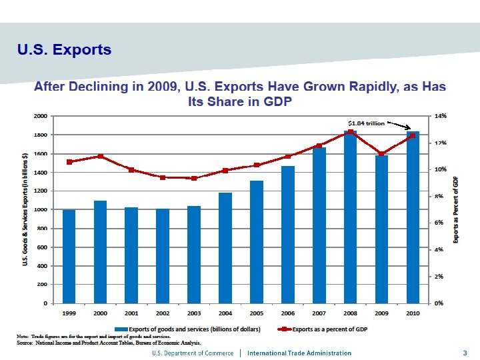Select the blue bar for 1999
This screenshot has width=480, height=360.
coord(69,257)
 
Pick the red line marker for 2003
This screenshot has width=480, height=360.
coord(194,178)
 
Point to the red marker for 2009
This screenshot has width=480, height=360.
coord(381,154)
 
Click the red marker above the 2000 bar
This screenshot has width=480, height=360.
coord(100,157)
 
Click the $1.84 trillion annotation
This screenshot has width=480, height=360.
coord(366,123)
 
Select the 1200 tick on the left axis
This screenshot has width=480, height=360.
coord(41,191)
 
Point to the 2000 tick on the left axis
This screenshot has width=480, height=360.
coord(41,116)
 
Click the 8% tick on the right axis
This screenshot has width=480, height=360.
coord(441,196)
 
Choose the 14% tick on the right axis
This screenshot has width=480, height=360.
coord(441,116)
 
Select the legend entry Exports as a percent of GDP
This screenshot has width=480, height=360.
coord(329,329)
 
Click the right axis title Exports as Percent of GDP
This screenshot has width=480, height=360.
coord(456,210)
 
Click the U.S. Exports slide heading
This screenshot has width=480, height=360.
coord(64,50)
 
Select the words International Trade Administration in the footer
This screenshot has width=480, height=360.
coord(299,353)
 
